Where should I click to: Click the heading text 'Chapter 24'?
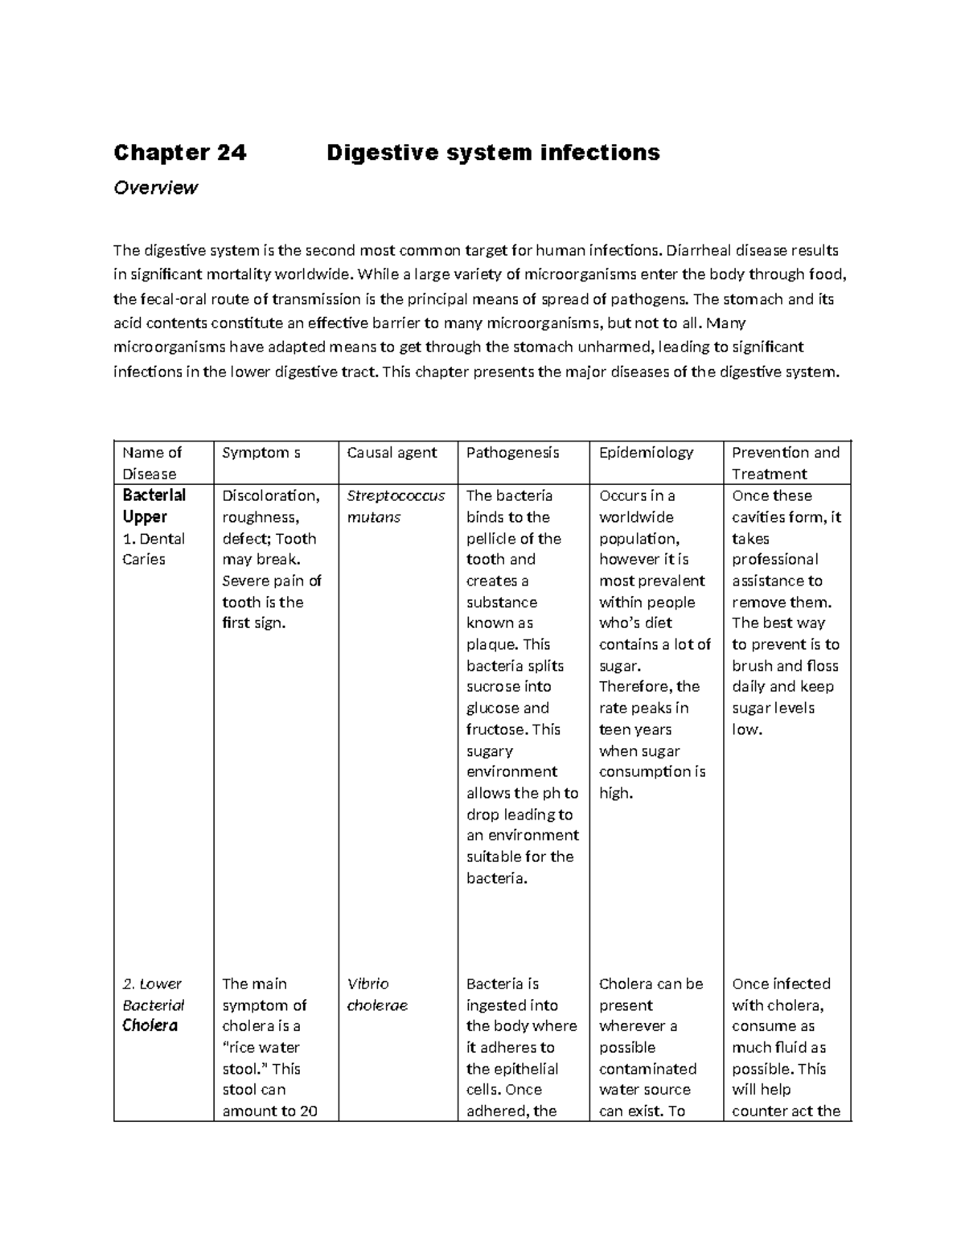pos(180,152)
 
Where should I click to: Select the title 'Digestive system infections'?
pos(493,152)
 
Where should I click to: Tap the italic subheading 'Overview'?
pos(155,187)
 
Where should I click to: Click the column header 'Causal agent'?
pos(391,453)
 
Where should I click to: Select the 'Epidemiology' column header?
pos(646,453)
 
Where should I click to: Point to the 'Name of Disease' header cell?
pos(152,462)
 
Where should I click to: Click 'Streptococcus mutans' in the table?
pos(395,506)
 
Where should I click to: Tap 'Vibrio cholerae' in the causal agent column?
pos(376,994)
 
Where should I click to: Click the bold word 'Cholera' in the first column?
pos(150,1025)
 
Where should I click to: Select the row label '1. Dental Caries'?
pos(153,548)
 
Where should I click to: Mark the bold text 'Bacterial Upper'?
pos(154,506)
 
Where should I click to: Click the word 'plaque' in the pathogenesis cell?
pos(491,644)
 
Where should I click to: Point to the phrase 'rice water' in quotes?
pos(264,1047)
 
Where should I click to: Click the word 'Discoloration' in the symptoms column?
pos(269,495)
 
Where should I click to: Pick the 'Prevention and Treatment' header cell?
pos(785,462)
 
